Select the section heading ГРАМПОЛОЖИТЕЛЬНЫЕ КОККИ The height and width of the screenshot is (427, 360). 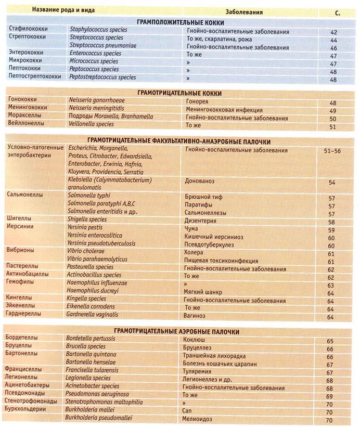pos(181,23)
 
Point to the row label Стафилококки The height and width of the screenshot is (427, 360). pos(27,31)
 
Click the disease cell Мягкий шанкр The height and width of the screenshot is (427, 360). pos(203,292)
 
